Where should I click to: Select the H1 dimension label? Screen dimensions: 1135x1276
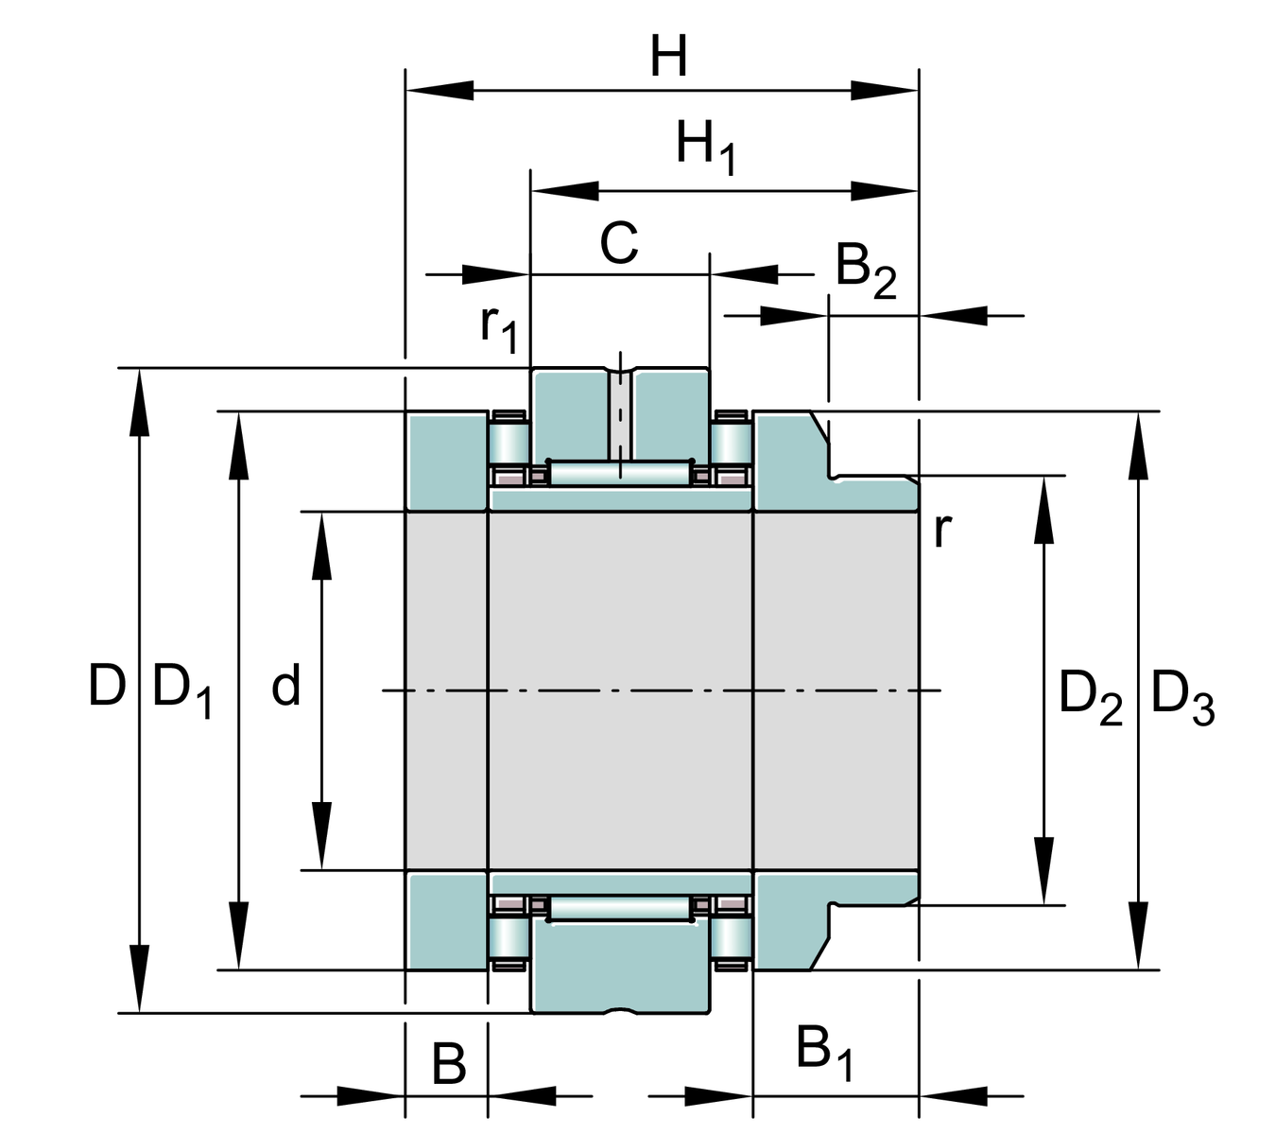point(705,148)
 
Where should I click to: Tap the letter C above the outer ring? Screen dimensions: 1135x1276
point(619,243)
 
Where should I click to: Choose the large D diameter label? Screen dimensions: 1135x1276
point(107,686)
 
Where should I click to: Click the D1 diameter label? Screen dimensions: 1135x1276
point(181,690)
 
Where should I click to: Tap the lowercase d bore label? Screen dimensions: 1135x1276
point(285,685)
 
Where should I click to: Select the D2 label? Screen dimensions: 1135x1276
point(1090,696)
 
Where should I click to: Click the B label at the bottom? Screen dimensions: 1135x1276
point(449,1064)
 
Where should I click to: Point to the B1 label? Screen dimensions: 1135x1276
point(824,1052)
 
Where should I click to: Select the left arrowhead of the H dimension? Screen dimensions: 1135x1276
point(440,91)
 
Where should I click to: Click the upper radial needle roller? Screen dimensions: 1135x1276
point(620,472)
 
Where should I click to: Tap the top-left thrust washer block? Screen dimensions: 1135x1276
point(446,461)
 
